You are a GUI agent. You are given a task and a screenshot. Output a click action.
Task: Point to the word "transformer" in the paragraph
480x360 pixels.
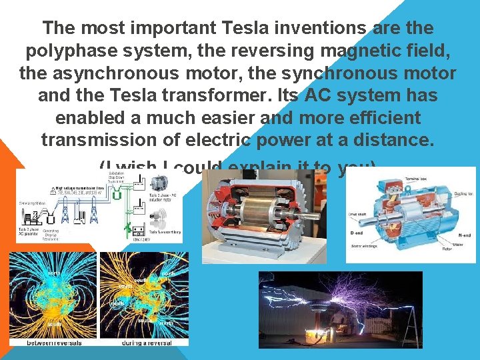[x=204, y=95]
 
